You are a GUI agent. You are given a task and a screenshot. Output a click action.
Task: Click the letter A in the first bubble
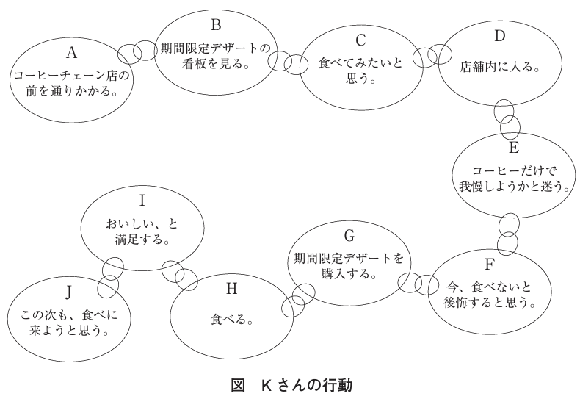pos(72,53)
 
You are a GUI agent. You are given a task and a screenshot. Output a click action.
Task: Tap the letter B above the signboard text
pos(216,25)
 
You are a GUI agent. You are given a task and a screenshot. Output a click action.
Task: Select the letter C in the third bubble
pos(360,40)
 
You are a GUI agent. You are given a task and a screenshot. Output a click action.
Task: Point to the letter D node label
pos(499,36)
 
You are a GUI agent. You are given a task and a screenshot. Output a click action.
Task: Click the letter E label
pos(514,148)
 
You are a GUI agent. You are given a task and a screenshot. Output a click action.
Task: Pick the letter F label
pos(489,265)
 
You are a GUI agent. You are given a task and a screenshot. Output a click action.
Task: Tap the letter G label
pos(349,236)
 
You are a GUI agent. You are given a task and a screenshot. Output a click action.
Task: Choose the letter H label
pos(231,288)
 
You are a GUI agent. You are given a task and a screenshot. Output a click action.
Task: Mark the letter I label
pos(142,201)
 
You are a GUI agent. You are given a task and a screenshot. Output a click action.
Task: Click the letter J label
pos(68,292)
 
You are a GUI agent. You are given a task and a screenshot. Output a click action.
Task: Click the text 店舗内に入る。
pos(500,67)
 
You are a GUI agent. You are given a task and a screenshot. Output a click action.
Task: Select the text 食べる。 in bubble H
pos(231,319)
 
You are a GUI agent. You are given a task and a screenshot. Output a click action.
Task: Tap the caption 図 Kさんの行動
pos(291,385)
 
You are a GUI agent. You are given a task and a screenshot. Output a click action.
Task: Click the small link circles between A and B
pos(137,52)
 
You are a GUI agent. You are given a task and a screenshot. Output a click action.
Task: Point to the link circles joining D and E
pos(507,118)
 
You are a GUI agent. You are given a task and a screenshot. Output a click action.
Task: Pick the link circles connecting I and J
pos(110,278)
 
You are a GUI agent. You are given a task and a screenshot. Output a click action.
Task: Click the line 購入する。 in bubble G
pos(349,274)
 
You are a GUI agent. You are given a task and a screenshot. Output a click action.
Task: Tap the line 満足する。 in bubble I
pos(142,240)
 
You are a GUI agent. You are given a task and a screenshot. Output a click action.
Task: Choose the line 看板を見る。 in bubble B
pos(216,64)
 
